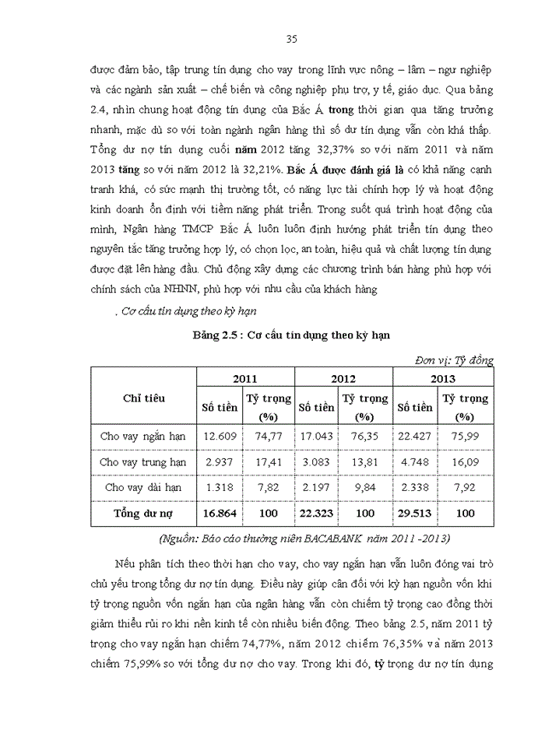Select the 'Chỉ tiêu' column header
coord(143,398)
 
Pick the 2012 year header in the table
coord(343,378)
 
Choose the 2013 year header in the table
coord(442,378)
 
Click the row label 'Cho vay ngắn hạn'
coord(143,435)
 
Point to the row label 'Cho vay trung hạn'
coord(143,461)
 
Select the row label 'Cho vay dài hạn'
coord(143,487)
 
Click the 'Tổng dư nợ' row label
coord(143,514)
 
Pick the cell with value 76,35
coord(366,435)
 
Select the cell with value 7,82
coord(268,487)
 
